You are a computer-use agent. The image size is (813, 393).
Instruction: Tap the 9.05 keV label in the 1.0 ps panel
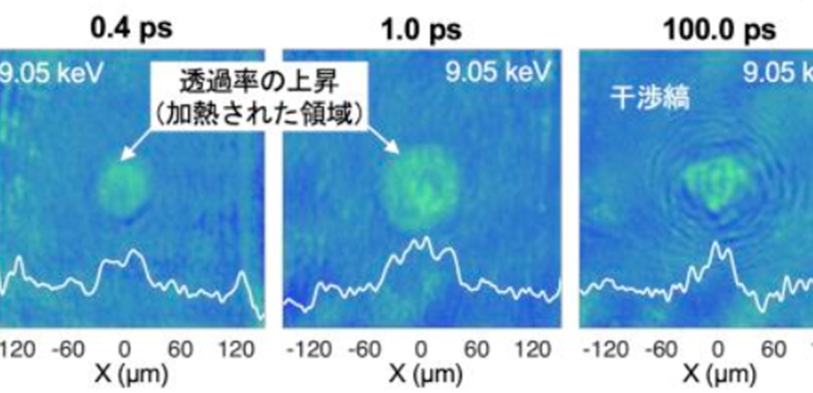tap(498, 73)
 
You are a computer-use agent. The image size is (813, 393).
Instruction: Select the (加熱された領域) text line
tap(257, 115)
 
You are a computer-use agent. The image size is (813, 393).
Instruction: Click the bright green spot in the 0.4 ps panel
tap(124, 186)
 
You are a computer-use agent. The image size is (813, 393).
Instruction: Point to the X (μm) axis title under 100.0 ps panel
tap(719, 374)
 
